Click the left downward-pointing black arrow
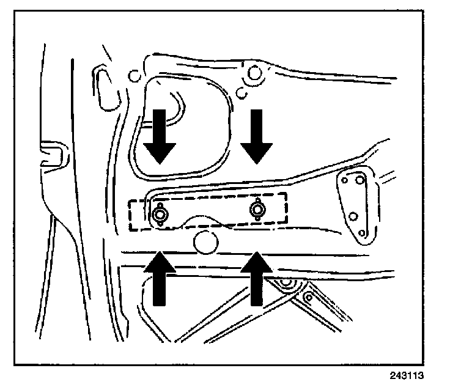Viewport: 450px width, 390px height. click(x=160, y=138)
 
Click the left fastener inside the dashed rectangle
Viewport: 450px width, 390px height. click(x=161, y=215)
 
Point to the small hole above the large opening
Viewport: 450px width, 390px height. click(x=134, y=77)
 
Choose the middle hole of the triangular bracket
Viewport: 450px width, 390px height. click(x=352, y=216)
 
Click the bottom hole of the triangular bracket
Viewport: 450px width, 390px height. click(x=362, y=233)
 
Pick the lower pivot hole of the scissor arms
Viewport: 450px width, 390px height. click(x=308, y=298)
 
